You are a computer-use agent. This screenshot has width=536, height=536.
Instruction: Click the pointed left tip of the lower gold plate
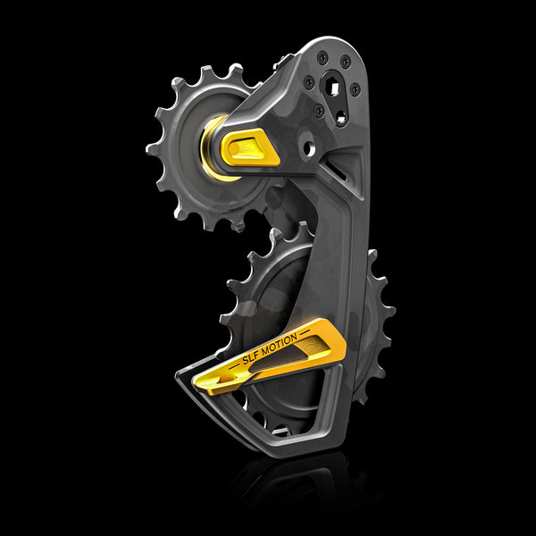[196, 384]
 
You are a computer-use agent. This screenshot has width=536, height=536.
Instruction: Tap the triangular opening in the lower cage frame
[272, 411]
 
